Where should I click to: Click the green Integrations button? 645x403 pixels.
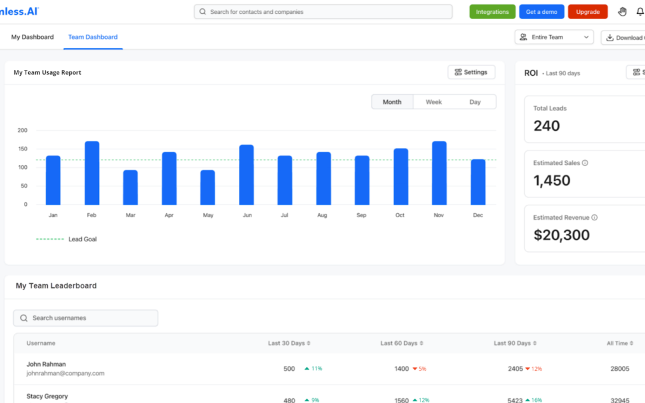[x=492, y=12]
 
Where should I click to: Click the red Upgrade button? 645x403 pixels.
[x=588, y=12]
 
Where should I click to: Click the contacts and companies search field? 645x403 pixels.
[x=323, y=12]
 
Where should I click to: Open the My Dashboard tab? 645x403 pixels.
[x=32, y=37]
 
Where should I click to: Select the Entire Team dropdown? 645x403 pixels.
[x=554, y=37]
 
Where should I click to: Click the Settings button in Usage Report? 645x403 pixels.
[x=471, y=72]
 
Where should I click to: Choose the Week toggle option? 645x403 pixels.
[x=434, y=102]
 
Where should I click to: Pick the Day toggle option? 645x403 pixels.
[x=475, y=102]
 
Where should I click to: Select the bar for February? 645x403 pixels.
[x=92, y=173]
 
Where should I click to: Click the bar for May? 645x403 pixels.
[x=207, y=187]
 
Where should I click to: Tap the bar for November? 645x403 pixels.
[x=439, y=173]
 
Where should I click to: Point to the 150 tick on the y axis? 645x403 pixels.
[x=23, y=149]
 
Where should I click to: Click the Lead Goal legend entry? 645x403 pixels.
[x=82, y=239]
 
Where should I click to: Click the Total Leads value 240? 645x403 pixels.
[x=546, y=126]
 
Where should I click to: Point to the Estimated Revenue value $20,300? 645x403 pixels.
[x=561, y=235]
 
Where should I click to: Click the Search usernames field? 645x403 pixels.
[x=86, y=318]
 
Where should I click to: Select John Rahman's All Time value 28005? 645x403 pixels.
[x=619, y=369]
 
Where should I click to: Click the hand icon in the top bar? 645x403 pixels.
[x=622, y=12]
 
